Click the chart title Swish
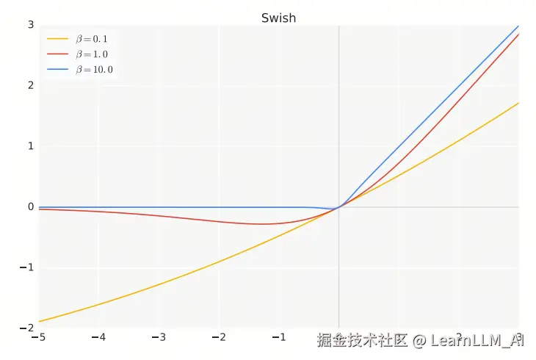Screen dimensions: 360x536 pyautogui.click(x=278, y=18)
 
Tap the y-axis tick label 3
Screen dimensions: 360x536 pyautogui.click(x=31, y=24)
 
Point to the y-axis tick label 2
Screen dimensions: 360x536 pyautogui.click(x=31, y=85)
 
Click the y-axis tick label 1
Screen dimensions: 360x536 pyautogui.click(x=31, y=146)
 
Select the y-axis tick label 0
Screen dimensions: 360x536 pyautogui.click(x=31, y=207)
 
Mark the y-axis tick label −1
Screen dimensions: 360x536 pyautogui.click(x=28, y=267)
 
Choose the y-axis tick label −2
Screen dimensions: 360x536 pyautogui.click(x=28, y=328)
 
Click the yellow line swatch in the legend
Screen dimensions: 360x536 pyautogui.click(x=57, y=38)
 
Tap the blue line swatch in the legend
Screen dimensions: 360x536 pyautogui.click(x=57, y=70)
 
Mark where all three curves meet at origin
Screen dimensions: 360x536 pyautogui.click(x=338, y=207)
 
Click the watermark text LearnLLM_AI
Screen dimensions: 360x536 pyautogui.click(x=477, y=340)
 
